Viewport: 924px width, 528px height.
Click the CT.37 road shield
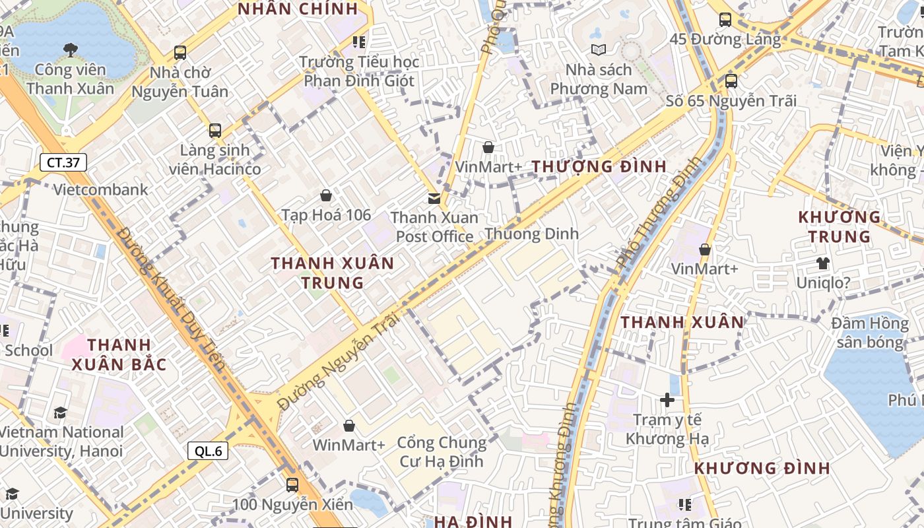(x=63, y=162)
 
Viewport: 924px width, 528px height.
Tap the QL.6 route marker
(x=208, y=451)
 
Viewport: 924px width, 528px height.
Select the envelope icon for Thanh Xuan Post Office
(x=434, y=198)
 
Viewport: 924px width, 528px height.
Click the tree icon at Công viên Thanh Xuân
(x=70, y=49)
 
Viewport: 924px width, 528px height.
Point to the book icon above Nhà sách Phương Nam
(x=599, y=49)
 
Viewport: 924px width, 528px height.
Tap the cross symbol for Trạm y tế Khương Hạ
(x=667, y=400)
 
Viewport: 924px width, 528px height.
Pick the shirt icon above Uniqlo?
(x=822, y=263)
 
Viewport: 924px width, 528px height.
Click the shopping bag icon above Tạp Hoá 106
(x=326, y=195)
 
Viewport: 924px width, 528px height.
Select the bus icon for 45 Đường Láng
(x=725, y=20)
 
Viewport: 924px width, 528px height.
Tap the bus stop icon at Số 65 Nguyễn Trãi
(x=731, y=81)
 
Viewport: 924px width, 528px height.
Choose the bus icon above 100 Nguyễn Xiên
(x=292, y=485)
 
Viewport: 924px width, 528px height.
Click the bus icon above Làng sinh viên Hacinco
(x=215, y=131)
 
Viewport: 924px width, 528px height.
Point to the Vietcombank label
(x=101, y=190)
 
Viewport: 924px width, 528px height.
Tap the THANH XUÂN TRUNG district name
(x=333, y=273)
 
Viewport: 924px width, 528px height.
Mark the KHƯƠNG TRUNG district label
(x=840, y=226)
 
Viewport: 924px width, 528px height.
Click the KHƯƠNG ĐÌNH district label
(x=762, y=468)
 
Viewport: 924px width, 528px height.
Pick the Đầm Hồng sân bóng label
(x=870, y=333)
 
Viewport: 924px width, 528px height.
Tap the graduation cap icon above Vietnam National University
(x=61, y=413)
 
